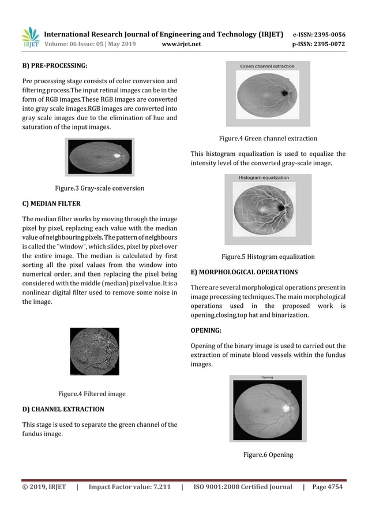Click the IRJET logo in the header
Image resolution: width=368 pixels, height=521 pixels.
(30, 38)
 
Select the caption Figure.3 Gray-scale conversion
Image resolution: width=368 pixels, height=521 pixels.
(99, 188)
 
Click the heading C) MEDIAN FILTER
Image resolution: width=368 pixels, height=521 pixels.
(51, 204)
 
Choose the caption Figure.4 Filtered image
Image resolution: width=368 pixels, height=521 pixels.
(92, 394)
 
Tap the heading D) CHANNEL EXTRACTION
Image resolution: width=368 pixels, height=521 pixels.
(63, 410)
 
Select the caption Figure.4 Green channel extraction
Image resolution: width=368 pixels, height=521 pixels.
(268, 139)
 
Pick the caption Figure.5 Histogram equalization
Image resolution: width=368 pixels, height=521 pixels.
(268, 256)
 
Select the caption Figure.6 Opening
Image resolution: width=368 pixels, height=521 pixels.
(268, 455)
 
